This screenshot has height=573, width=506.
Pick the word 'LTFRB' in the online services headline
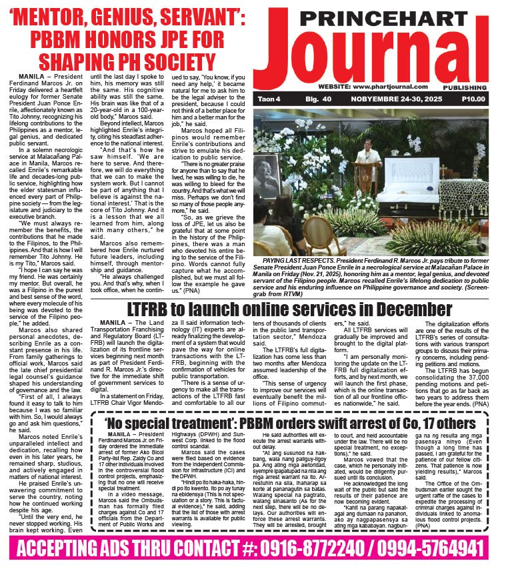click(151, 310)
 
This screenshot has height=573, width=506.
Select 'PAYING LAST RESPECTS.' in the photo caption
click(294, 259)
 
